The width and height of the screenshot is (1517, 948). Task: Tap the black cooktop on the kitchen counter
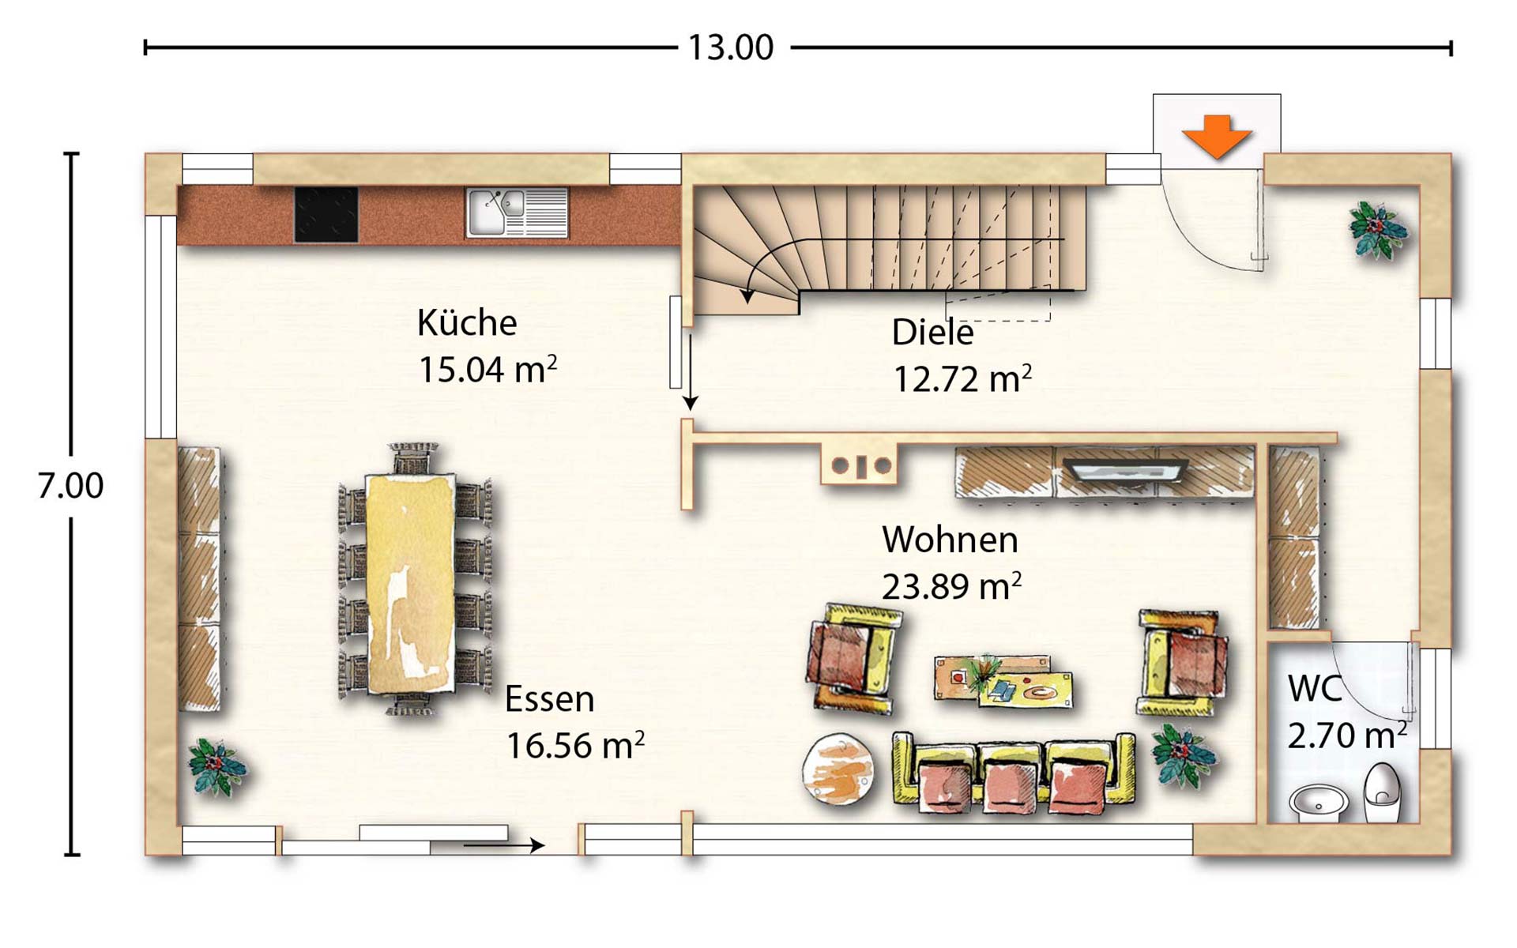tap(326, 214)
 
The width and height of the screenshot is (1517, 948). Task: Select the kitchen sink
tap(517, 213)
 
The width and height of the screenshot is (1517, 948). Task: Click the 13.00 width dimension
tap(731, 47)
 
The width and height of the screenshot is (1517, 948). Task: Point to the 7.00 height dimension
tap(70, 485)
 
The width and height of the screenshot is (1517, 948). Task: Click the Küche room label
tap(466, 323)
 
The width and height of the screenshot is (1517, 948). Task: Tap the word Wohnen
tap(950, 540)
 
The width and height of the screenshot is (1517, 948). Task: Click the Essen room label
tap(549, 699)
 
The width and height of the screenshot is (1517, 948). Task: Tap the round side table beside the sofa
tap(838, 769)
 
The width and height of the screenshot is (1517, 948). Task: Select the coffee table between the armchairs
tap(1003, 680)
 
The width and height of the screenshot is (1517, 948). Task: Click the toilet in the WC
tap(1382, 792)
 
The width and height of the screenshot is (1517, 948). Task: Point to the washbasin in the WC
tap(1319, 802)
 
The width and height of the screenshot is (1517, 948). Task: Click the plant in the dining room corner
tap(216, 766)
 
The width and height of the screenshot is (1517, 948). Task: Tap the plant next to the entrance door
tap(1377, 229)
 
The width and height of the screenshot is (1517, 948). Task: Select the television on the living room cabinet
tap(1125, 470)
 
